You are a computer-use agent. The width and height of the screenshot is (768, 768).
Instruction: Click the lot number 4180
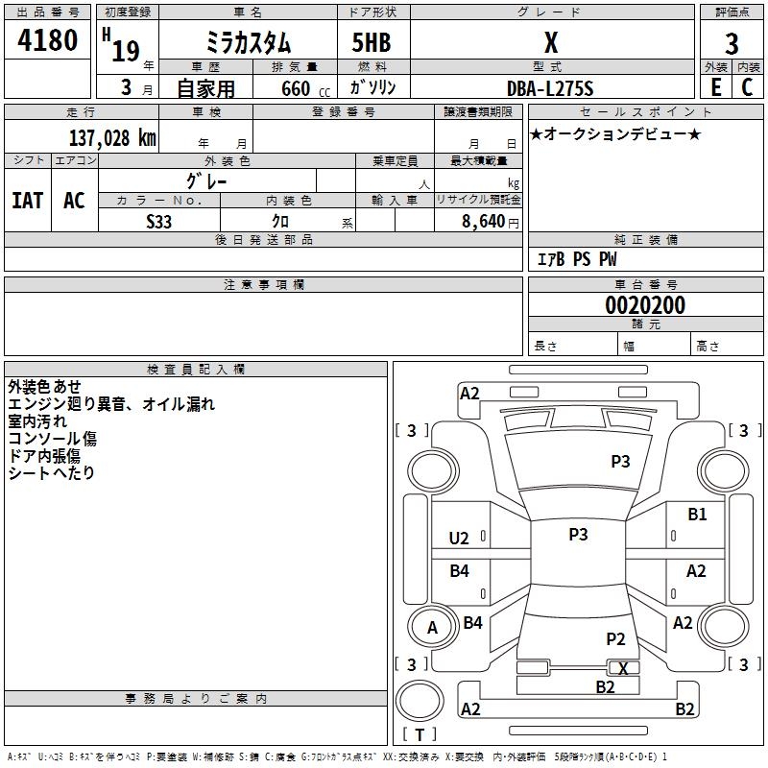click(47, 41)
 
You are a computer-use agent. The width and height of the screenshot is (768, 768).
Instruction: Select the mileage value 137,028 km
click(111, 137)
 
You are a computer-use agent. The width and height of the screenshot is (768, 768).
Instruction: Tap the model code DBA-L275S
click(550, 88)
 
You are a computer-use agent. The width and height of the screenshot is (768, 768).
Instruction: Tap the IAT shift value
click(28, 201)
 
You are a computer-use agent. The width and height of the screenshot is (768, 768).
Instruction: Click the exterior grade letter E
click(715, 87)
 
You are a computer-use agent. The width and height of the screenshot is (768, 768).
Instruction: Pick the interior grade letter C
click(747, 87)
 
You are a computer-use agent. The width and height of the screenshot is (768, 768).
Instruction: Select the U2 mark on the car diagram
click(459, 539)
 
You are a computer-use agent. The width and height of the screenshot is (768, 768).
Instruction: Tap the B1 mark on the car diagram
click(697, 515)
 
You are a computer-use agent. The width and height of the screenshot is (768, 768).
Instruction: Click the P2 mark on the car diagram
click(615, 638)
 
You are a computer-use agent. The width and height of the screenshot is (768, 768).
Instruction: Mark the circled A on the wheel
click(432, 628)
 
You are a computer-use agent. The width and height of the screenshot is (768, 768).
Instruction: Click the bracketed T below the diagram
click(419, 735)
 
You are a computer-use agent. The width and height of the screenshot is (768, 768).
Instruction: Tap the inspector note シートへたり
click(51, 473)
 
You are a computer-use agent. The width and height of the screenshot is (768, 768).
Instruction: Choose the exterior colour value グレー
click(206, 180)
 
